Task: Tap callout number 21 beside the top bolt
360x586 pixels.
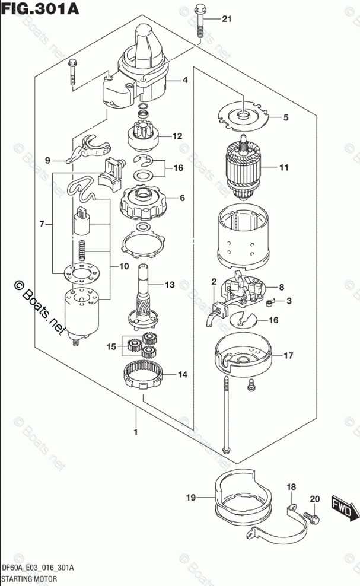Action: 225,20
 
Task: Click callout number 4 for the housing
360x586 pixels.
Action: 185,80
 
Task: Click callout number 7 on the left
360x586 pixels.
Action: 42,225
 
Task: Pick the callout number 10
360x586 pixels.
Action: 123,266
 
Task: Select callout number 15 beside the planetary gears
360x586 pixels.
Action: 110,346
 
